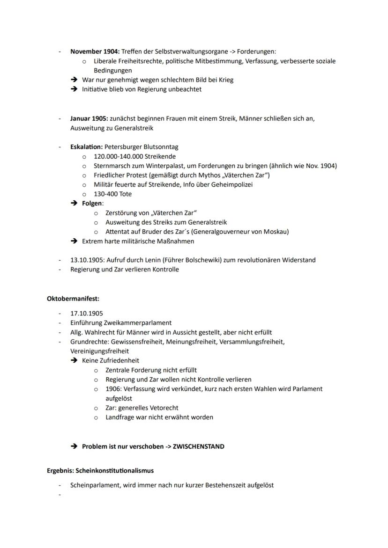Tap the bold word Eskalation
point(87,147)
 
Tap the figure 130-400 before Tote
point(106,194)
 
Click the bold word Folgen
point(92,204)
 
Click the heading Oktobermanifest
point(73,298)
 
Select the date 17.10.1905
point(87,313)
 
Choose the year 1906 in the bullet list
point(113,389)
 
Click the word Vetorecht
point(162,408)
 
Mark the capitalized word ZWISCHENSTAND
point(198,446)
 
